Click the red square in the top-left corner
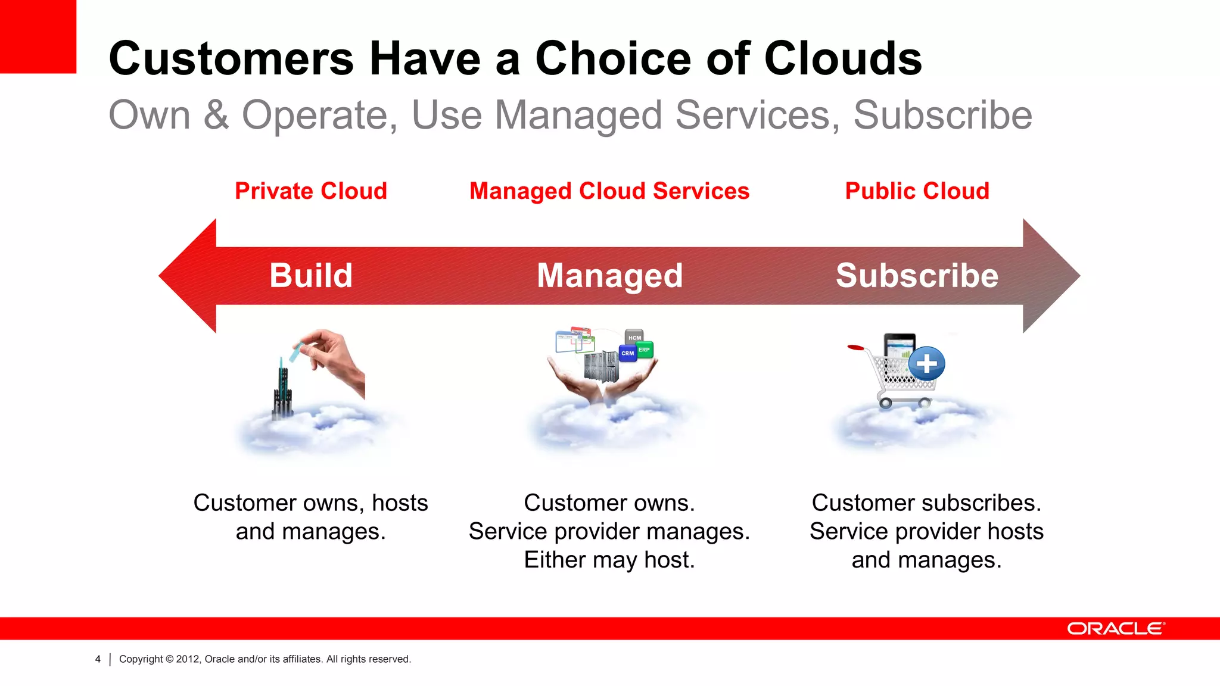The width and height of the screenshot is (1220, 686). [x=38, y=36]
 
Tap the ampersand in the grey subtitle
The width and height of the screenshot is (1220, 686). [x=216, y=114]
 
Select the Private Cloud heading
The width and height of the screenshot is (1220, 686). [x=310, y=191]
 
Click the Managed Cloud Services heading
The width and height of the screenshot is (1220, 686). [x=609, y=191]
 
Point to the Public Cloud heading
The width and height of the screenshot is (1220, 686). [x=917, y=191]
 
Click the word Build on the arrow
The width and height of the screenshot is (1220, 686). [x=310, y=276]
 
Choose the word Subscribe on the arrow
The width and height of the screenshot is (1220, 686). [x=917, y=276]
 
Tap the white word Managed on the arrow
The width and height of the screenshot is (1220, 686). [x=609, y=276]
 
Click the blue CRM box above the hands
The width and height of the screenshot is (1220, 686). [x=628, y=353]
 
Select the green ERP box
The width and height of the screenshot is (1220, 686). [x=645, y=350]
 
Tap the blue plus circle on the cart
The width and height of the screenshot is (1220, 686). [x=927, y=363]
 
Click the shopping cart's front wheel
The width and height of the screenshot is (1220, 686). [x=886, y=403]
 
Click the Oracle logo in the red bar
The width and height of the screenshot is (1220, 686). [x=1115, y=629]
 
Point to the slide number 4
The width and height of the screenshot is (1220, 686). [x=98, y=659]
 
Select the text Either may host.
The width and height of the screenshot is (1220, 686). [x=609, y=560]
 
